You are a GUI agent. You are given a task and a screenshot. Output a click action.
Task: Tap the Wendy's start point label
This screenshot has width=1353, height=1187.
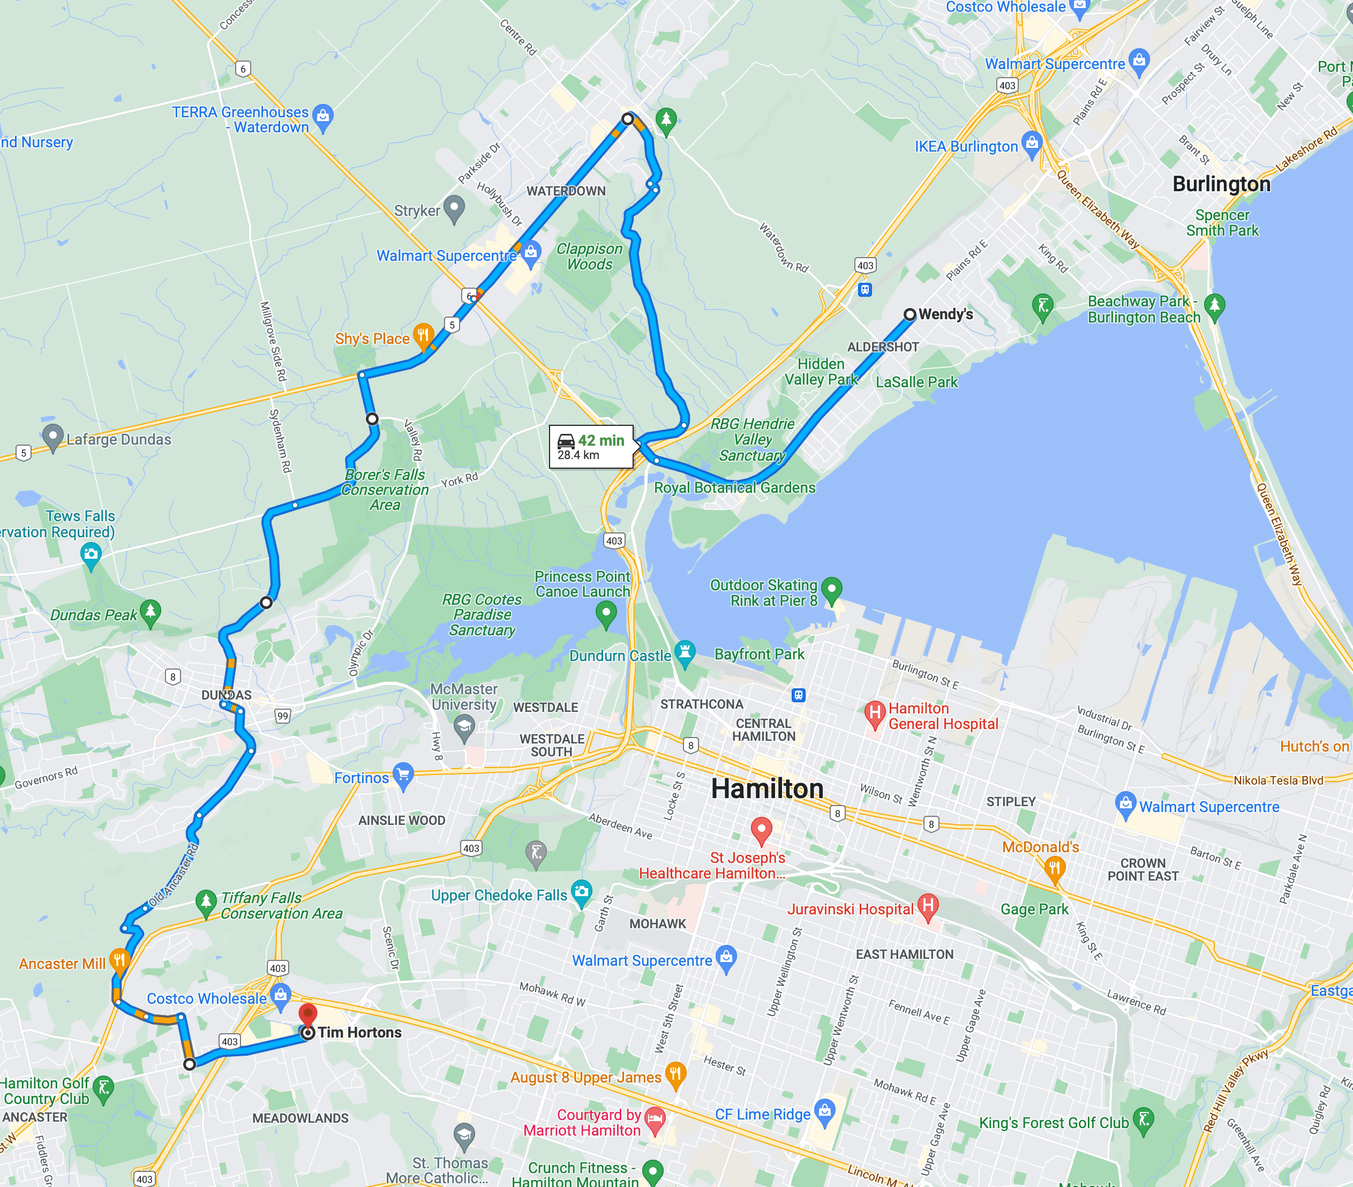tap(945, 314)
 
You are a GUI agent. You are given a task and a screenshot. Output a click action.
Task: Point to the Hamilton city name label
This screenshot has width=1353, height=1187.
tap(767, 789)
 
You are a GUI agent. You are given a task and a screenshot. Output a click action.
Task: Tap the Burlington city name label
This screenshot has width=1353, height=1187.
tap(1221, 184)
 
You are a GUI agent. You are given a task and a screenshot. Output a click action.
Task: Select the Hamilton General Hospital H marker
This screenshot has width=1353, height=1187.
tap(875, 713)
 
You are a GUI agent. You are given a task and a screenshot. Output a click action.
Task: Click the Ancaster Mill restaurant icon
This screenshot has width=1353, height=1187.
tap(119, 960)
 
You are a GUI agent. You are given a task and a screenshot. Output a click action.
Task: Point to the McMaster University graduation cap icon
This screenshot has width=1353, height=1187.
tap(464, 727)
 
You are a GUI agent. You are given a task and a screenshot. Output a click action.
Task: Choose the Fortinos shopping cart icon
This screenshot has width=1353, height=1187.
tap(402, 775)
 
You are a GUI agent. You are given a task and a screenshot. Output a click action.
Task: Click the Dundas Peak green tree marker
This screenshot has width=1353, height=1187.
tap(151, 611)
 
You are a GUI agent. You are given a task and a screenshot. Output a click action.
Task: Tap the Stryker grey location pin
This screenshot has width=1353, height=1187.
tap(454, 208)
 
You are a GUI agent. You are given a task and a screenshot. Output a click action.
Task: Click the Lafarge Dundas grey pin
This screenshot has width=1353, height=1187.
tap(52, 436)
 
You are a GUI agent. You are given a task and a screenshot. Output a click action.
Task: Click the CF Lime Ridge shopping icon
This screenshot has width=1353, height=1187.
tap(824, 1110)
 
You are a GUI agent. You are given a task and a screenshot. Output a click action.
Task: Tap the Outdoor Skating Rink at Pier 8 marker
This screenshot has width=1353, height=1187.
tap(831, 588)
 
